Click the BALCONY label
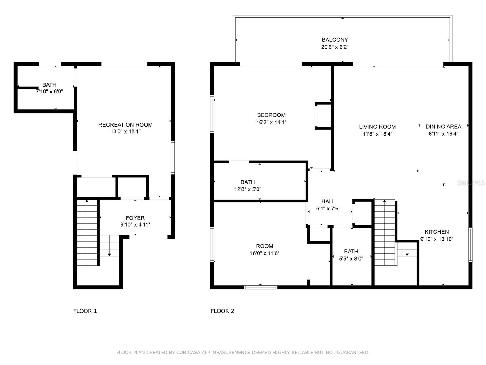(x=335, y=40)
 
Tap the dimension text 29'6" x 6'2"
(x=335, y=47)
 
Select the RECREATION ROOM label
(x=125, y=125)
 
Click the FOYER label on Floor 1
(x=135, y=218)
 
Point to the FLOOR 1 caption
(x=85, y=311)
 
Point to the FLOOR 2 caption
(x=222, y=311)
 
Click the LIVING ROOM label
(x=377, y=127)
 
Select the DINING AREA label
(x=443, y=127)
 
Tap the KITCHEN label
(x=436, y=232)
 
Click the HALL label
(x=328, y=201)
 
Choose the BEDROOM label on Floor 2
(x=271, y=115)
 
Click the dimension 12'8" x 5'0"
(x=248, y=189)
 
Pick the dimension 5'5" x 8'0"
(x=351, y=259)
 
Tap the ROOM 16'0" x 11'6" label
(x=265, y=246)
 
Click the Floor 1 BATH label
(x=49, y=85)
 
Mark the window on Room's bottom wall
(x=261, y=287)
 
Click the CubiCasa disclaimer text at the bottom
(x=243, y=353)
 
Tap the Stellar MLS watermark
(x=471, y=183)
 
